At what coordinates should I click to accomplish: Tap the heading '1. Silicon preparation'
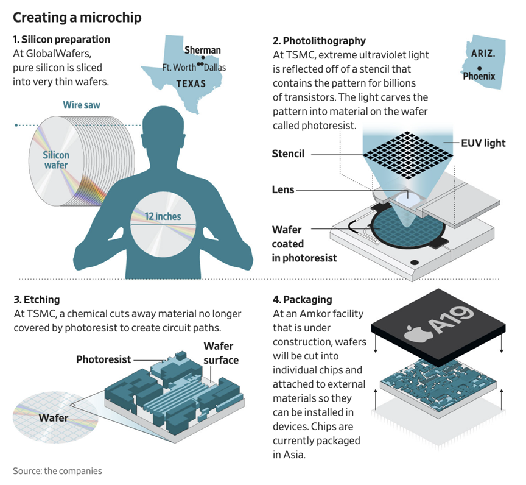click(x=61, y=40)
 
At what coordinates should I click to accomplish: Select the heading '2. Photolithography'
click(x=319, y=41)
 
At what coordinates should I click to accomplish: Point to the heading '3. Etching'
click(x=37, y=299)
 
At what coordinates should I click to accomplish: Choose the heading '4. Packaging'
click(x=302, y=299)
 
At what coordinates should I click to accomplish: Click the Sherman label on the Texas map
click(x=202, y=50)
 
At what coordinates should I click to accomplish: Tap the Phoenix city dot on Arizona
click(x=480, y=67)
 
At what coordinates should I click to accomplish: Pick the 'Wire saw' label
click(x=82, y=105)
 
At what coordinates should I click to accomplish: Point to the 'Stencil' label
click(x=288, y=154)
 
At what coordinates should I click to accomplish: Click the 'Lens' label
click(x=283, y=190)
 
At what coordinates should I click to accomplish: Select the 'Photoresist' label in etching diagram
click(x=103, y=359)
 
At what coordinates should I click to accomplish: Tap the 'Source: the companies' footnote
click(x=57, y=470)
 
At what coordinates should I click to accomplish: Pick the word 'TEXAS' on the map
click(x=191, y=83)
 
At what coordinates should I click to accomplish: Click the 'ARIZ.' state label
click(x=483, y=54)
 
